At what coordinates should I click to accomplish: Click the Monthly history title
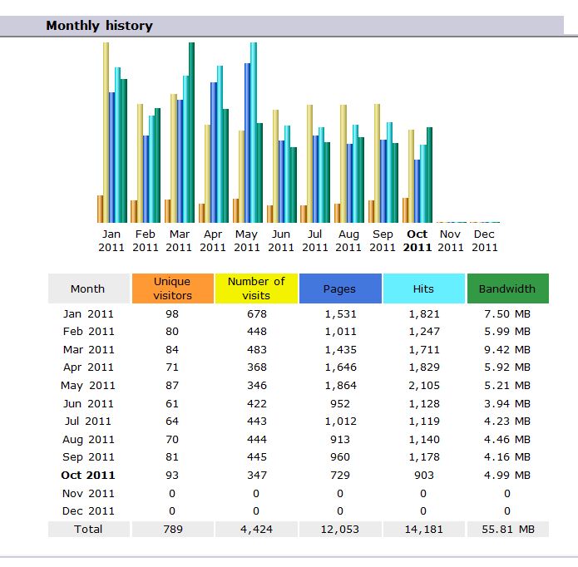[99, 26]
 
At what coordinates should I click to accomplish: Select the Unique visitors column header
[172, 288]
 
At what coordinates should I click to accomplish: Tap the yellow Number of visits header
[256, 288]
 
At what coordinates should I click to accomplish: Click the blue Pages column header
[339, 288]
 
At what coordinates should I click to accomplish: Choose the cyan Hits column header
[423, 288]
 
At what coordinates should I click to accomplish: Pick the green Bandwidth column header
[507, 288]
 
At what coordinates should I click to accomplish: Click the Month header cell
[88, 288]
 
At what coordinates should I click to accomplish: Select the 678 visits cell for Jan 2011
[256, 313]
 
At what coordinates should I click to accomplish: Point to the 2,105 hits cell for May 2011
[423, 385]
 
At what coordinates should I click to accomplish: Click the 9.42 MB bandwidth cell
[507, 349]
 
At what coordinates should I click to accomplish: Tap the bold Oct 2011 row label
[88, 476]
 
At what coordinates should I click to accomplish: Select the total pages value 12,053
[339, 529]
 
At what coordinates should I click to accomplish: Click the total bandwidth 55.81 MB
[507, 529]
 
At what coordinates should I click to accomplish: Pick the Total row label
[88, 529]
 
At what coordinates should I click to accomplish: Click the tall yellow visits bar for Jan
[106, 133]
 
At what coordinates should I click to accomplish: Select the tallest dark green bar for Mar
[191, 133]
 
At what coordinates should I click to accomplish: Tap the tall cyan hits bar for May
[254, 133]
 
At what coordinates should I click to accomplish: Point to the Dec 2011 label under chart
[485, 240]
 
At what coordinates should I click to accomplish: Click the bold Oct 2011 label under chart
[417, 240]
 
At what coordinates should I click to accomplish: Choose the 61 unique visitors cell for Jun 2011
[172, 403]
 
